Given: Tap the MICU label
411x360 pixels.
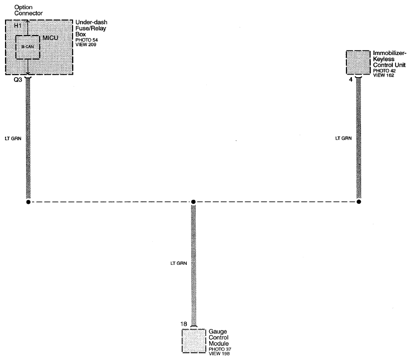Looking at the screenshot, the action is (x=51, y=38).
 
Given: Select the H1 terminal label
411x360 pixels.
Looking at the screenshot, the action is (x=18, y=26).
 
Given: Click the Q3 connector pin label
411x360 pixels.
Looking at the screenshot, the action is (x=18, y=80).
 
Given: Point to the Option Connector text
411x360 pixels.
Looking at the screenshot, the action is (x=29, y=10).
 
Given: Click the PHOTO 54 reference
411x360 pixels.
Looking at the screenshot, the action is (x=87, y=40).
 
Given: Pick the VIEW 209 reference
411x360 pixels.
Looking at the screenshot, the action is (x=86, y=45).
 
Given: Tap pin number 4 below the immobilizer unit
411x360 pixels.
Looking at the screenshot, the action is (x=351, y=80).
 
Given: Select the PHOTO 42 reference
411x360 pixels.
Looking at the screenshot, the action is (x=384, y=71).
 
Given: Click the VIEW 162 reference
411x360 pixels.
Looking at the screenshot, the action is (x=383, y=75).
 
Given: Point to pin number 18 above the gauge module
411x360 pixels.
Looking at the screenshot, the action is (x=184, y=324).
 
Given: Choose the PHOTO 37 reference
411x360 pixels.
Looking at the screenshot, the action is (x=220, y=349).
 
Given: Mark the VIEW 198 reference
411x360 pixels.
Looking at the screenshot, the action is (x=219, y=353).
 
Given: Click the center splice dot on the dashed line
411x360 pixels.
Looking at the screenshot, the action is (x=193, y=202).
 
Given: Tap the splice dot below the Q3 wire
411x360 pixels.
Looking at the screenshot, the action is (x=28, y=202).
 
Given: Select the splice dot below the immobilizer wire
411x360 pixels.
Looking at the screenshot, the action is (x=358, y=202).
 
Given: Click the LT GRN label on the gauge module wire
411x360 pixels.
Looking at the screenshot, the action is (x=179, y=263).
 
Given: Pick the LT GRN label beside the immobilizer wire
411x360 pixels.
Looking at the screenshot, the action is (x=343, y=138).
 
